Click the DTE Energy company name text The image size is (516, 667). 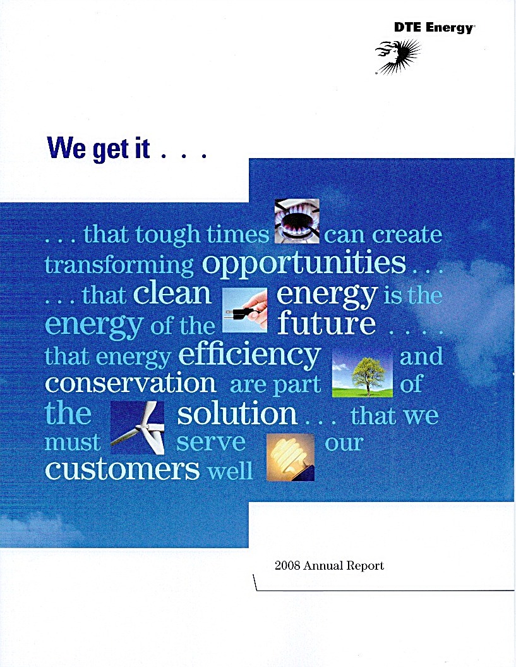click(x=433, y=28)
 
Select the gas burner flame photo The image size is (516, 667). click(x=297, y=221)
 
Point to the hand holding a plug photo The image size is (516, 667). click(x=245, y=310)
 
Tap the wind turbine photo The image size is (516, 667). click(x=137, y=427)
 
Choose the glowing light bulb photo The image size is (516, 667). click(x=291, y=457)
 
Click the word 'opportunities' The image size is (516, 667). click(x=304, y=264)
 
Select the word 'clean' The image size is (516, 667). click(x=172, y=293)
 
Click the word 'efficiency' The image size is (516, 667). click(x=249, y=355)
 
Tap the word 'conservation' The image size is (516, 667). click(x=131, y=383)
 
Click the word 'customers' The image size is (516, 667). click(x=123, y=469)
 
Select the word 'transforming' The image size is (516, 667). click(x=119, y=266)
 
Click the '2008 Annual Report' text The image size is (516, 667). click(x=330, y=565)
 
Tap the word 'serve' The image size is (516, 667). click(x=211, y=443)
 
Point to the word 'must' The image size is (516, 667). click(x=73, y=443)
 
